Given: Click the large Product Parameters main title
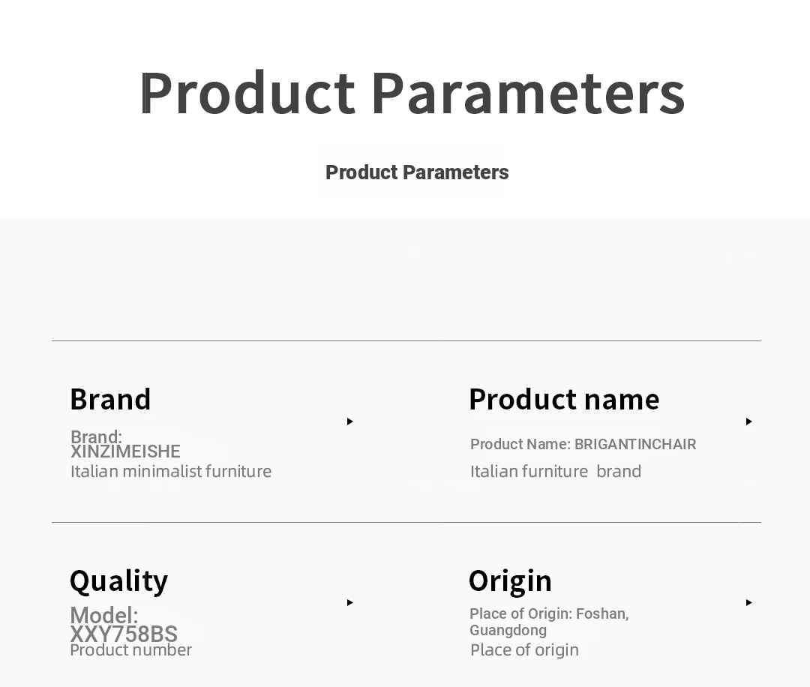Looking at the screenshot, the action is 412,93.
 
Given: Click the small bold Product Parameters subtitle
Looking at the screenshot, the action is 417,172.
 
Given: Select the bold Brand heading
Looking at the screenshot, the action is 110,399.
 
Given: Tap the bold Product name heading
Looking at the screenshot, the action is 564,399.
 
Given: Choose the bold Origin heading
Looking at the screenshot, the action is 511,581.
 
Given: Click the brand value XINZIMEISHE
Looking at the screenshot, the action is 125,451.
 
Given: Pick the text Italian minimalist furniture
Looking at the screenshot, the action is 171,471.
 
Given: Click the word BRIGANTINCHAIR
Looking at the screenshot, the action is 635,444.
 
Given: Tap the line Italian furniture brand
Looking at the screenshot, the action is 556,471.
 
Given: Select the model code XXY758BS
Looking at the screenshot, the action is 124,634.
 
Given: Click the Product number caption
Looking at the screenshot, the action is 130,649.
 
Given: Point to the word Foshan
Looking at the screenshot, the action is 602,613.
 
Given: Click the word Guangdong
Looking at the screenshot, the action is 508,630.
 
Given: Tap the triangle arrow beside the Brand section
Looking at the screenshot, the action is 350,421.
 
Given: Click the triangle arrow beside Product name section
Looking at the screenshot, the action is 749,421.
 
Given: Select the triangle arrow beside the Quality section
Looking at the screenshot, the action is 350,602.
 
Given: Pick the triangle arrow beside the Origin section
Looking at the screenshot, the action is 749,602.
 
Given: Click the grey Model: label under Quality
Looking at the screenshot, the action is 104,615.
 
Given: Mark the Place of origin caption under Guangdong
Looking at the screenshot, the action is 524,649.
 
